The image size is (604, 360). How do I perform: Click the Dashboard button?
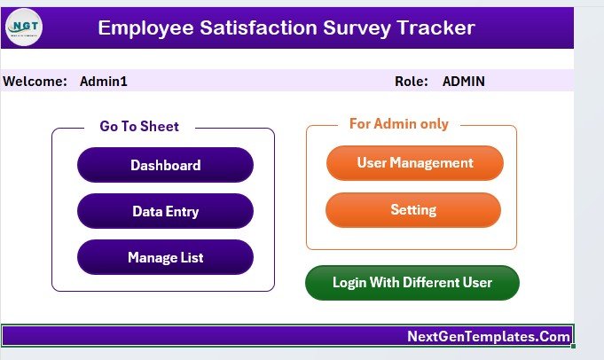point(165,165)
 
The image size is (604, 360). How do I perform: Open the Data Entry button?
point(165,211)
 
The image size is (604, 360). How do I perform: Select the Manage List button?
point(165,257)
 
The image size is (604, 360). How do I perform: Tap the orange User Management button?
point(415,163)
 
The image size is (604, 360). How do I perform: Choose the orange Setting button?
point(413,210)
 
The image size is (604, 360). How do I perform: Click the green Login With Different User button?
point(412,283)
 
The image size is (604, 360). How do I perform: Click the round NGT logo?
point(24,27)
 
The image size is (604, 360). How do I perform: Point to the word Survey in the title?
point(357,28)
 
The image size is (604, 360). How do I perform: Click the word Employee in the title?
point(145,28)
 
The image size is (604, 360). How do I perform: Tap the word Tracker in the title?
point(435,27)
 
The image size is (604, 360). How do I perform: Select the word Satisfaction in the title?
point(258,27)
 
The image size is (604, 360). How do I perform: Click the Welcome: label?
point(35,82)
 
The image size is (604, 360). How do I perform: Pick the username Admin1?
point(104,82)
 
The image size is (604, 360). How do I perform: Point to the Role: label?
point(412,82)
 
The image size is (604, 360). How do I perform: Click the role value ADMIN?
point(463,82)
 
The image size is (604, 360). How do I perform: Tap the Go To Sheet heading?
point(139,126)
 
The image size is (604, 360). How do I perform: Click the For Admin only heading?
point(399,123)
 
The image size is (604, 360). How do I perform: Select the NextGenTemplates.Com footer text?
point(489,337)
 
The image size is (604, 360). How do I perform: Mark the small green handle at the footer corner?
point(573,346)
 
